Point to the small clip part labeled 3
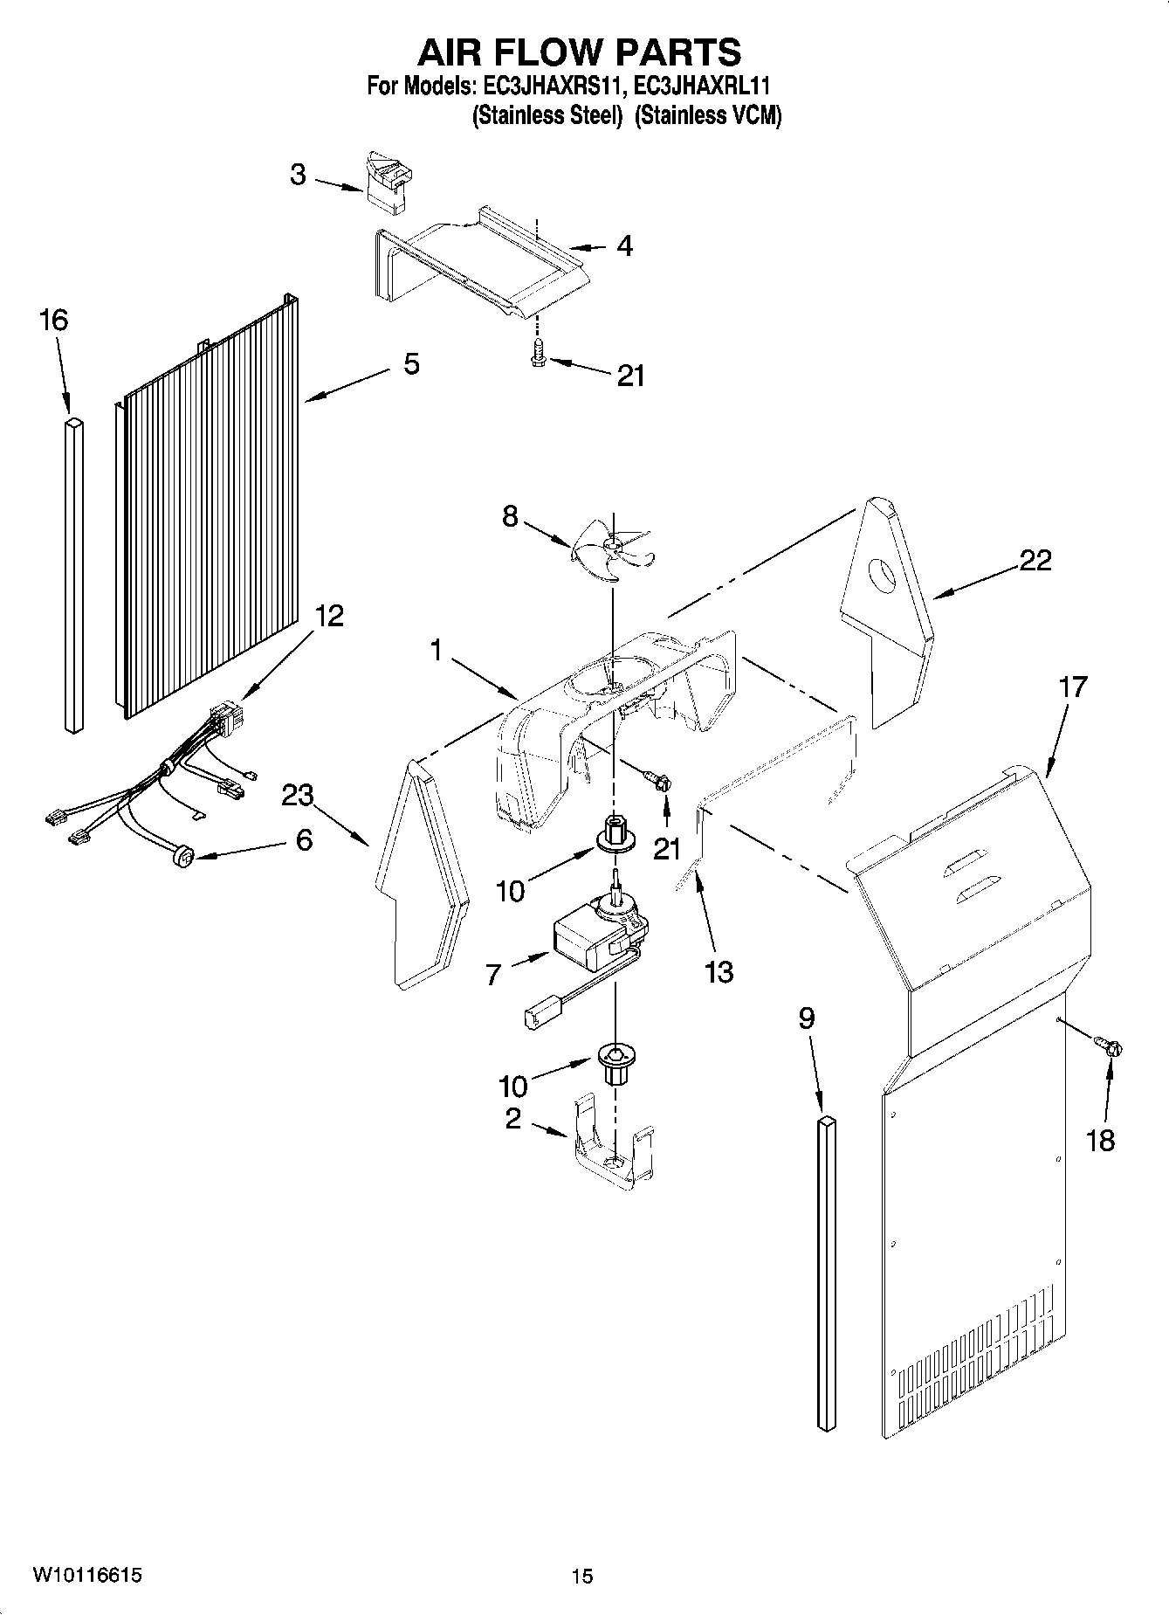tap(387, 181)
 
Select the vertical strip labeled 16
tap(74, 574)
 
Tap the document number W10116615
tap(87, 1574)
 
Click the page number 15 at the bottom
tap(582, 1576)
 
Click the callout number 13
tap(719, 971)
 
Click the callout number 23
tap(297, 796)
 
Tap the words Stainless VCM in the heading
tap(707, 115)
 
